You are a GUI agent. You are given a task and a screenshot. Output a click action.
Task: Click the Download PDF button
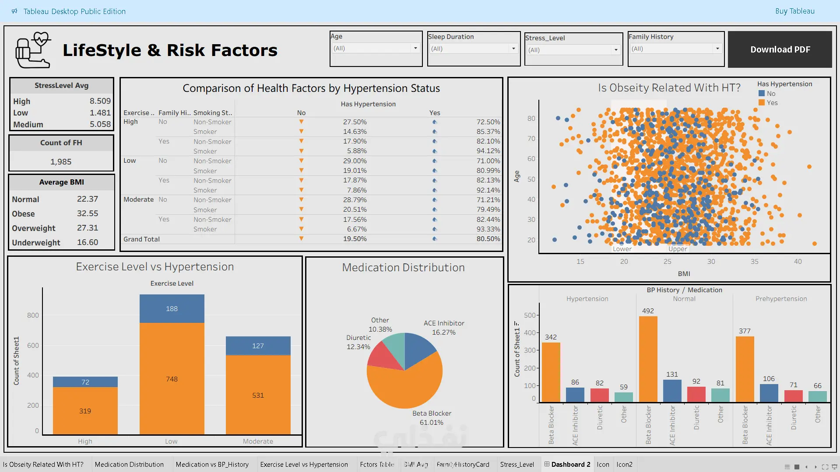point(780,49)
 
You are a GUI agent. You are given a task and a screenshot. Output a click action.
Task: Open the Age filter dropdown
point(415,48)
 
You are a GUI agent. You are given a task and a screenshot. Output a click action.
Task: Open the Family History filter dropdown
point(717,49)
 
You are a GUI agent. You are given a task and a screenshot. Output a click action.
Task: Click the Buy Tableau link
point(794,11)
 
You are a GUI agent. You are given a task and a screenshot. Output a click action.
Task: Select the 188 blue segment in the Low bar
point(172,309)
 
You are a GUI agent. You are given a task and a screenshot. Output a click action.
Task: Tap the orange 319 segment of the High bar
point(85,411)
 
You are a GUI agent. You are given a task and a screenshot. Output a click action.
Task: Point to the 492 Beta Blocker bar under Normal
point(648,359)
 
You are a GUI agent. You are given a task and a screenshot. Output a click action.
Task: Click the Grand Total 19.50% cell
point(355,239)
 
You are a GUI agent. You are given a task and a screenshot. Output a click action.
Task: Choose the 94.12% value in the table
point(488,151)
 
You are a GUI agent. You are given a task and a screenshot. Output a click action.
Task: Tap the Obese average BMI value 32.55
point(88,213)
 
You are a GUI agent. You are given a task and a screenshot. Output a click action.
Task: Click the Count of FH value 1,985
point(61,162)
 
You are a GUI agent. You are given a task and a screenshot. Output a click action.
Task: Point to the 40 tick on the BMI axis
point(798,262)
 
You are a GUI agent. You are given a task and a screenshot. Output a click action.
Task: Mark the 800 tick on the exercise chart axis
point(33,315)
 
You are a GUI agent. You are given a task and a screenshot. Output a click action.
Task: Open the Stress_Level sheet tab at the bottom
point(517,465)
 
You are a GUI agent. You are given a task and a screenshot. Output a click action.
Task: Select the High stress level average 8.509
point(100,101)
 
